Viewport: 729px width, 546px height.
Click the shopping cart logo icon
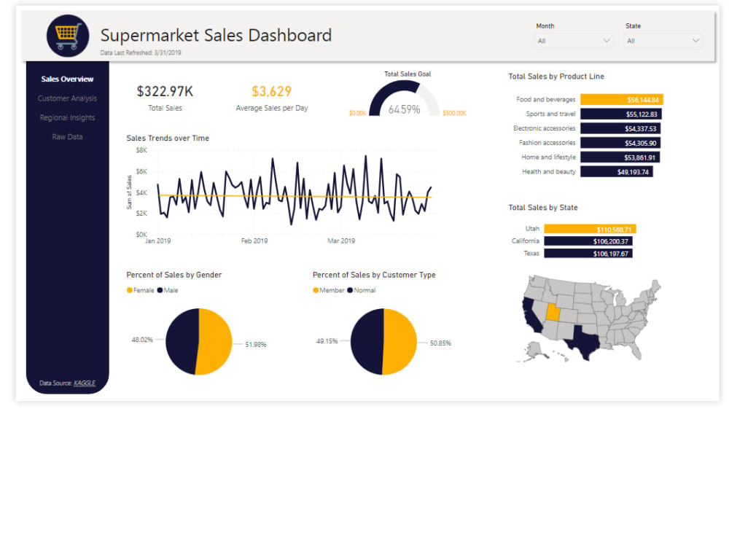[x=68, y=35]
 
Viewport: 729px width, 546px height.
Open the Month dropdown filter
[x=574, y=41]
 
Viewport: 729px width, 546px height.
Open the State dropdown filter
[x=663, y=41]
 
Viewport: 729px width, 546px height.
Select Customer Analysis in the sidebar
[x=67, y=98]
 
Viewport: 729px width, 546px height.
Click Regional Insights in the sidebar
[x=67, y=117]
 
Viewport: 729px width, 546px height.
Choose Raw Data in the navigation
[x=67, y=136]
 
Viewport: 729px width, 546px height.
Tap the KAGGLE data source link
[x=85, y=383]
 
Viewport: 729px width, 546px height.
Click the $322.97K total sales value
[x=165, y=91]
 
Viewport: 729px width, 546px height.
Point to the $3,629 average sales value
[x=271, y=91]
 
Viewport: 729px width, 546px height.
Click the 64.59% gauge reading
[x=404, y=109]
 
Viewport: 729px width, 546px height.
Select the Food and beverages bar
[x=621, y=100]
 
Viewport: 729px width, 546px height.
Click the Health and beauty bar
[x=616, y=172]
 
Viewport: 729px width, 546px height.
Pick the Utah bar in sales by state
[x=590, y=229]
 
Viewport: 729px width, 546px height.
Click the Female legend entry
[x=141, y=290]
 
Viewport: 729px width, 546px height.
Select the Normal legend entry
[x=362, y=290]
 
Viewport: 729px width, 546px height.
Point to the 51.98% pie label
[x=255, y=344]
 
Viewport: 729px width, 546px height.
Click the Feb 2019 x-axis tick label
[x=254, y=241]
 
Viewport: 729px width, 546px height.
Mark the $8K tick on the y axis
[x=141, y=150]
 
